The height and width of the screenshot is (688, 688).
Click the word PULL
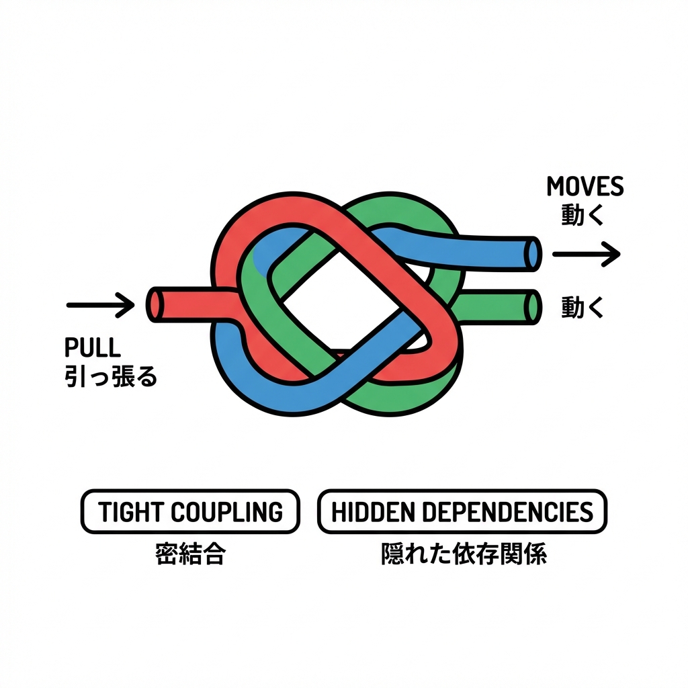click(x=93, y=347)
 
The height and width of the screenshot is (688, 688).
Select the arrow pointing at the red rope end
click(x=101, y=305)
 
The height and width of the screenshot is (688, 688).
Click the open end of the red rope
click(x=155, y=304)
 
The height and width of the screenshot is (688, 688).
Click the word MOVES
click(x=585, y=186)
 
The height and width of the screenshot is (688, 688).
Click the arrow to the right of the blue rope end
click(x=585, y=254)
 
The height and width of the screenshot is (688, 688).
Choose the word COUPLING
click(x=226, y=513)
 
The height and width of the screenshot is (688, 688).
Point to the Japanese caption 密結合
click(x=189, y=555)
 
